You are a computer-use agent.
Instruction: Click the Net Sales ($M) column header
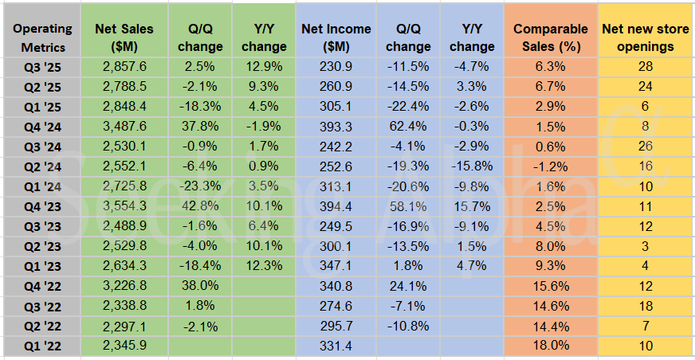click(124, 37)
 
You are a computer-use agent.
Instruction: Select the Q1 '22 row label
click(41, 346)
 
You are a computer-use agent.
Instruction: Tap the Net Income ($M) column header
click(336, 37)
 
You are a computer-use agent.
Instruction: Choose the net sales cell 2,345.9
click(124, 346)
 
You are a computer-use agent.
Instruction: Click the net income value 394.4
click(336, 205)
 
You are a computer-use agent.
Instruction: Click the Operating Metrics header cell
click(41, 37)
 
